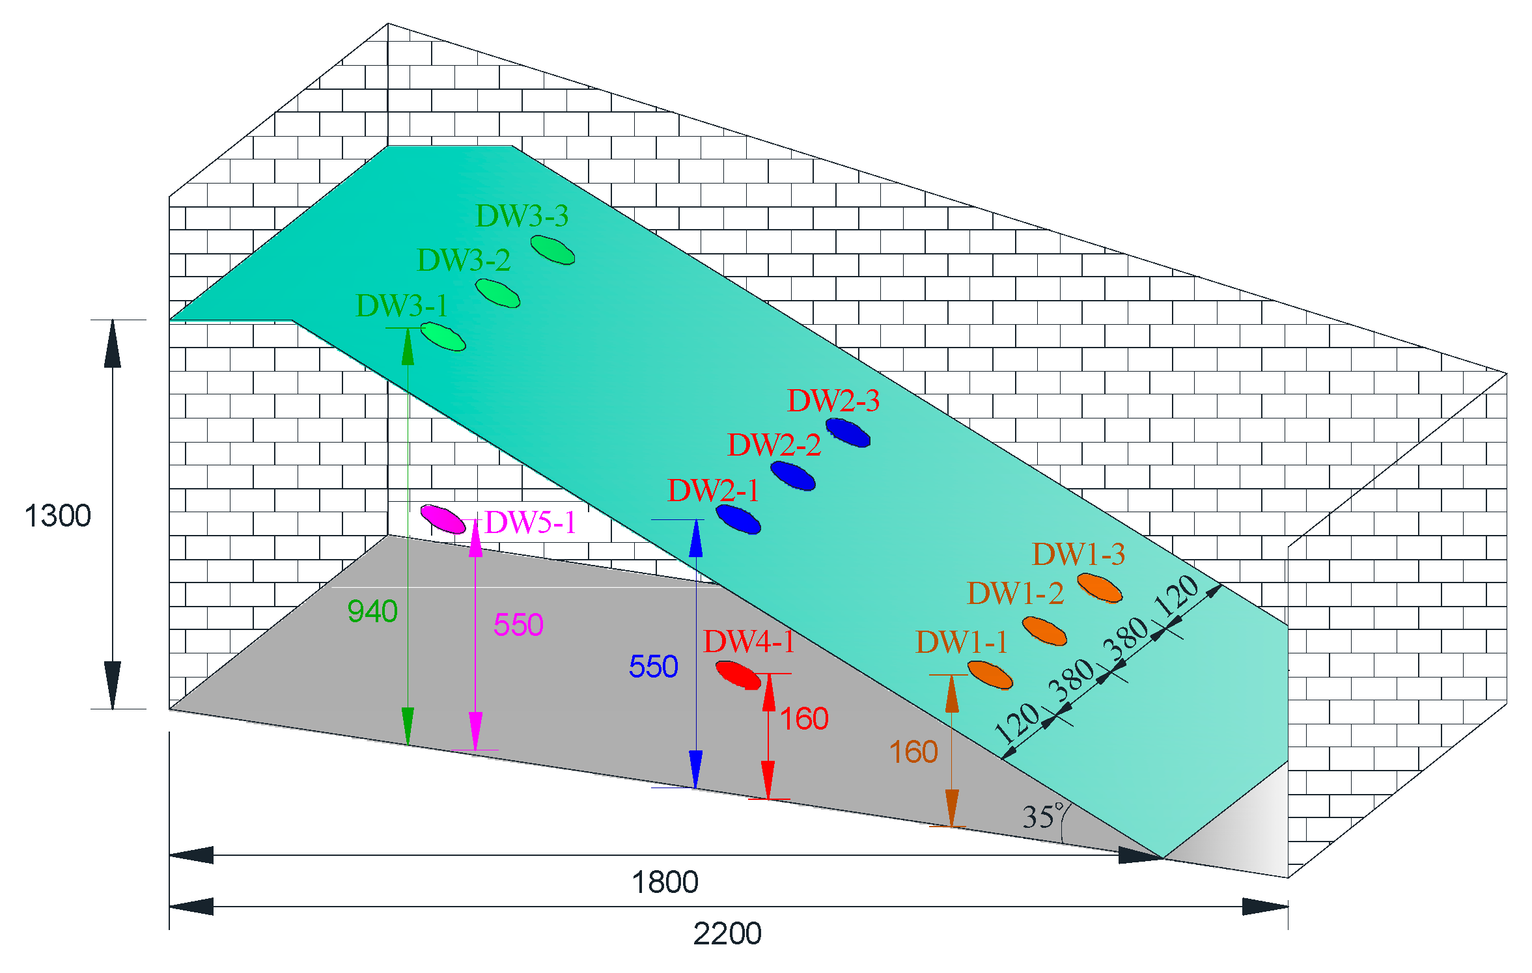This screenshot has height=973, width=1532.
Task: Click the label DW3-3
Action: [522, 215]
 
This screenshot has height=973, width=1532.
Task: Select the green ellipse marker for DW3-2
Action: [497, 293]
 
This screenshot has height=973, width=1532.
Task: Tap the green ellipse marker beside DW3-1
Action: [443, 336]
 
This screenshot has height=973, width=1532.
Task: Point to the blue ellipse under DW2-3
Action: [848, 433]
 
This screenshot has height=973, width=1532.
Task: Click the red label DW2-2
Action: [773, 445]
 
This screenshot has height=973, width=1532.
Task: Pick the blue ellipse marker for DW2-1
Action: [738, 519]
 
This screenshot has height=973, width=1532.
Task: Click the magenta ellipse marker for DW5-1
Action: [443, 519]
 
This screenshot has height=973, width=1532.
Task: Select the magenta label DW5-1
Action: [531, 523]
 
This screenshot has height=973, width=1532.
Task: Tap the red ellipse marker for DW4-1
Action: [738, 675]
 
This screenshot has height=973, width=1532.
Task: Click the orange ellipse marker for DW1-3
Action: [1099, 588]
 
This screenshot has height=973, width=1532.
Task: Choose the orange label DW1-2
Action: [1015, 594]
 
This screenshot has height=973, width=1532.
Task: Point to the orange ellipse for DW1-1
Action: [990, 675]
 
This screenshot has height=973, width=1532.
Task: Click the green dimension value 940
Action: [372, 612]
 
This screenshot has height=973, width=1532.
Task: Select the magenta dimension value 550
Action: [518, 625]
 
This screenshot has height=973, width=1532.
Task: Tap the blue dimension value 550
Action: [653, 666]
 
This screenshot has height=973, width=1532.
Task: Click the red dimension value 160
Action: [804, 719]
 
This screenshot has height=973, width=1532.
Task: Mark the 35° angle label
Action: [1042, 816]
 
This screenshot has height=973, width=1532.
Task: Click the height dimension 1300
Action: [57, 516]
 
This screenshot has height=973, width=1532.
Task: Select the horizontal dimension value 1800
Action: [665, 883]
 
